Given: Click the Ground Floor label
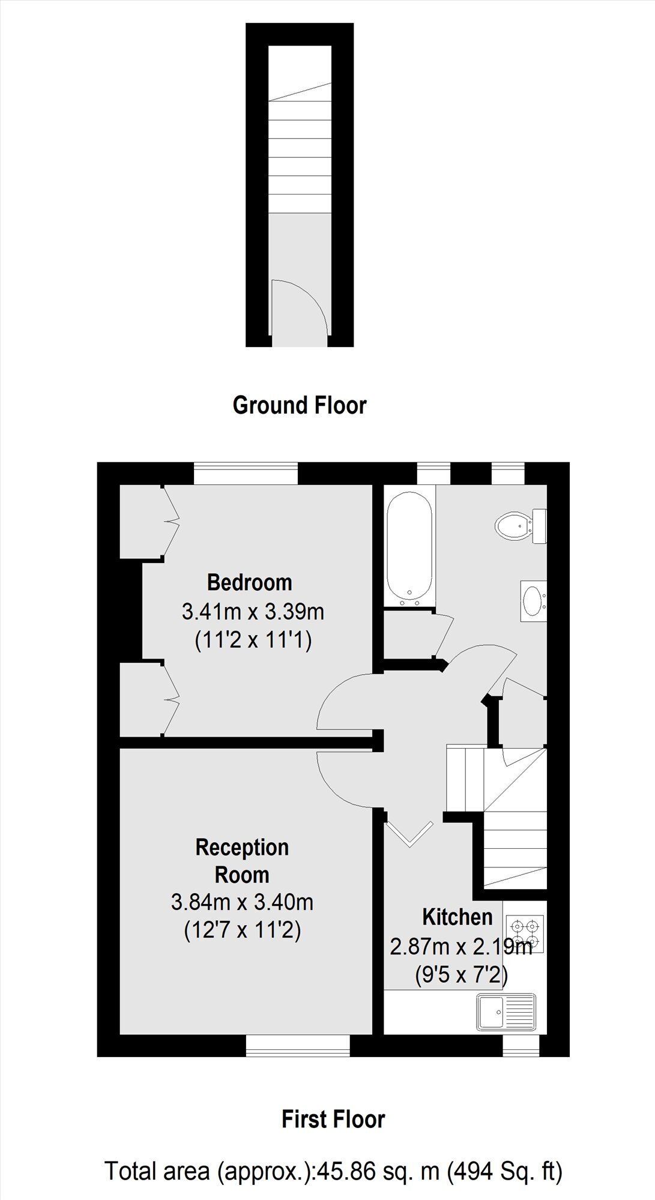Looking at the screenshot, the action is click(x=299, y=405).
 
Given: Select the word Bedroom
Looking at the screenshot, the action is click(x=249, y=582).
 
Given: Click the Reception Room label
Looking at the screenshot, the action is click(x=242, y=861).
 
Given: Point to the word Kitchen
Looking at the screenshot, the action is click(x=457, y=917).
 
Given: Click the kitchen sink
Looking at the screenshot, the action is click(x=506, y=1013).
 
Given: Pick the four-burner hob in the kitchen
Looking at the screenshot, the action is click(x=525, y=933).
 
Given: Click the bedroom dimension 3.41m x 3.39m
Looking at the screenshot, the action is click(x=253, y=612).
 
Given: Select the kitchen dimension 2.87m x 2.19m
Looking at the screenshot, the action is click(x=461, y=947).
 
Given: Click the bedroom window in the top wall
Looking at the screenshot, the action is click(x=246, y=472).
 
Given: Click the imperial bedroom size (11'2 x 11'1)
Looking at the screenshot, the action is click(x=253, y=641).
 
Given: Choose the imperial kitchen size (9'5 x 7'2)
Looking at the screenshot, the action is click(x=461, y=976).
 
